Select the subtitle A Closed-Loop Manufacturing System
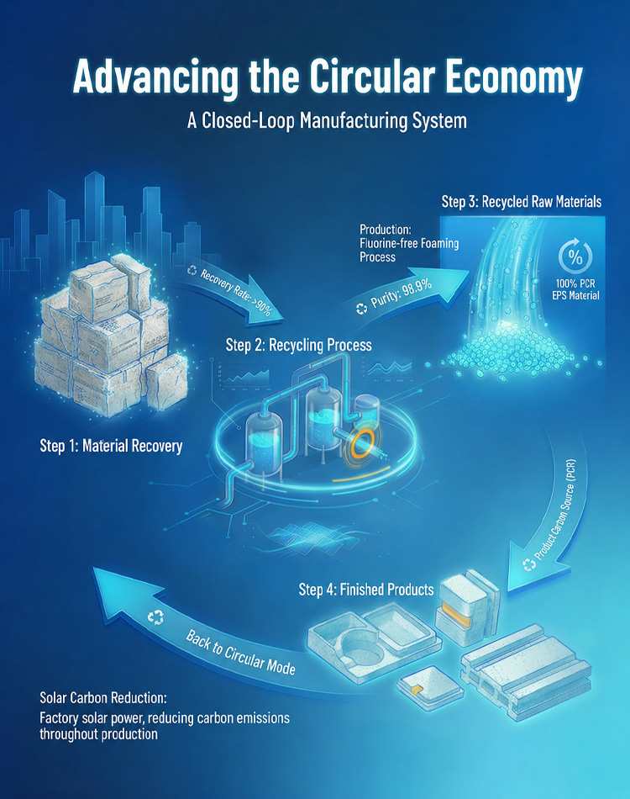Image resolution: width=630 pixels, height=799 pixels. [x=328, y=121]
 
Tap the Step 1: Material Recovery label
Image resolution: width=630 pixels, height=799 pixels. [x=111, y=446]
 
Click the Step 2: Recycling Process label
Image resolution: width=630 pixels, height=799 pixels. [x=299, y=345]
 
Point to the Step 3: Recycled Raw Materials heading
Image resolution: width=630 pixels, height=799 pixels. [x=522, y=201]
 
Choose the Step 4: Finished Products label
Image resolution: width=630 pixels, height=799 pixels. [x=366, y=590]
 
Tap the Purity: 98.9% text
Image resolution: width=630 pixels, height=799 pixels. [x=402, y=294]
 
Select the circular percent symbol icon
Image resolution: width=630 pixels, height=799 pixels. [x=575, y=256]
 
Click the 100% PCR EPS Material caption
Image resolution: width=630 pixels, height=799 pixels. [x=575, y=289]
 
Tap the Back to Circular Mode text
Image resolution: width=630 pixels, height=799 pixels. [x=240, y=653]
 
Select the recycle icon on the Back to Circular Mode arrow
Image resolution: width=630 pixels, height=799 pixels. [x=155, y=617]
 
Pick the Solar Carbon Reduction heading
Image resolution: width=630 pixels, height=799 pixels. [x=102, y=697]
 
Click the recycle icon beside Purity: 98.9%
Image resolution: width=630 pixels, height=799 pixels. [x=361, y=308]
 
